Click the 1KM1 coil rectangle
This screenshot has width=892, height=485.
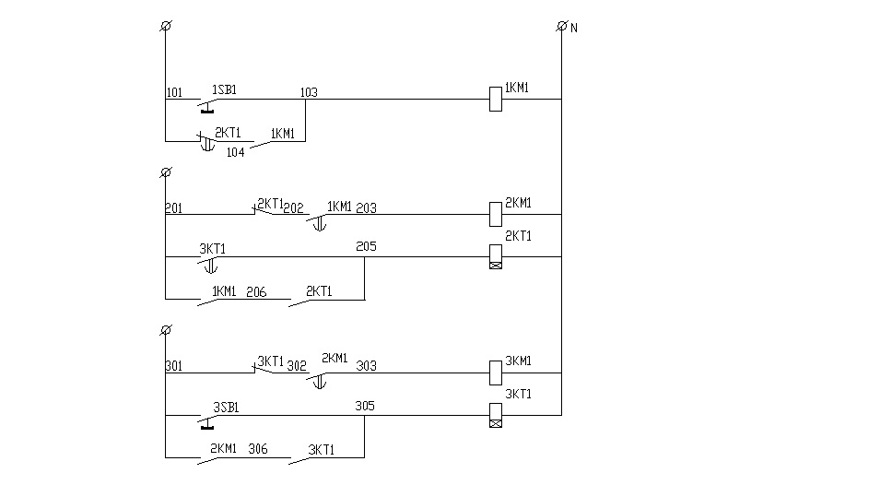coord(496,99)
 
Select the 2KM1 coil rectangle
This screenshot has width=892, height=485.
coord(496,215)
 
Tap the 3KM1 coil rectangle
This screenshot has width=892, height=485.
coord(496,373)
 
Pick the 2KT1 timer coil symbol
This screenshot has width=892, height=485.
coord(496,256)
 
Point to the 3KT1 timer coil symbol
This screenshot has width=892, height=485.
coord(496,415)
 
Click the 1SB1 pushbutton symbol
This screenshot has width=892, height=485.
coord(208,105)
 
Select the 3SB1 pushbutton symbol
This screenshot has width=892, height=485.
coord(208,421)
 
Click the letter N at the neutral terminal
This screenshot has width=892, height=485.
coord(574,28)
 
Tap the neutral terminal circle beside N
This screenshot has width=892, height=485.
coord(562,26)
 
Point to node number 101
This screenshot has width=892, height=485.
coord(175,92)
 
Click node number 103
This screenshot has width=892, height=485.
coord(309,92)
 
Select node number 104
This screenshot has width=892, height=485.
coord(236,152)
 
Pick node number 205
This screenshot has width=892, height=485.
coord(367,246)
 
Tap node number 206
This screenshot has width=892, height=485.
coord(256,292)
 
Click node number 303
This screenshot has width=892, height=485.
coord(367,365)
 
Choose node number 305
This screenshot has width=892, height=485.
coord(365,406)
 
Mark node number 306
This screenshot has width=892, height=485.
coord(258,448)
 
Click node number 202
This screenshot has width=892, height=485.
coord(294,207)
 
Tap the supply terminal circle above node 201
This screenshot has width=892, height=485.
coord(166,172)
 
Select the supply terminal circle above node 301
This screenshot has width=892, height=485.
coord(166,329)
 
